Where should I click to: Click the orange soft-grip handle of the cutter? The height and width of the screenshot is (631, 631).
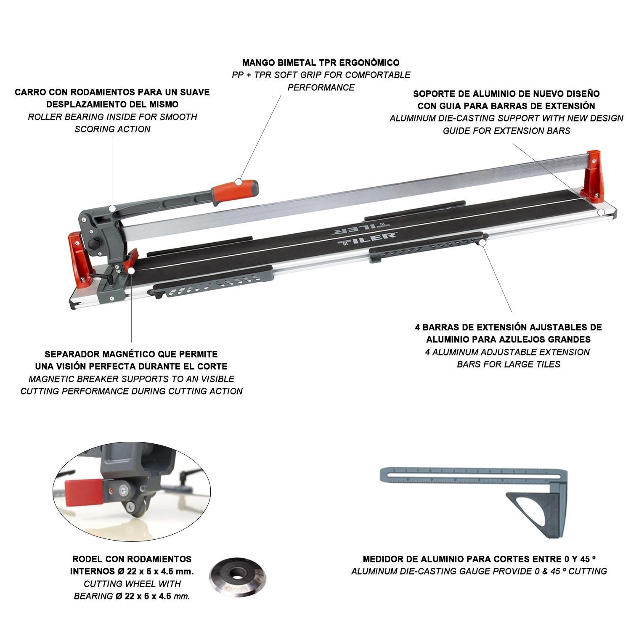click(x=236, y=190)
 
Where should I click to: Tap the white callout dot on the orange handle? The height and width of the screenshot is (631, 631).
click(x=238, y=182)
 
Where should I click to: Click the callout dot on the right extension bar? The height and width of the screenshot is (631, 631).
click(x=483, y=242)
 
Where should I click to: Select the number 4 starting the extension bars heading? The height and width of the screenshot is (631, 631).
click(x=418, y=327)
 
